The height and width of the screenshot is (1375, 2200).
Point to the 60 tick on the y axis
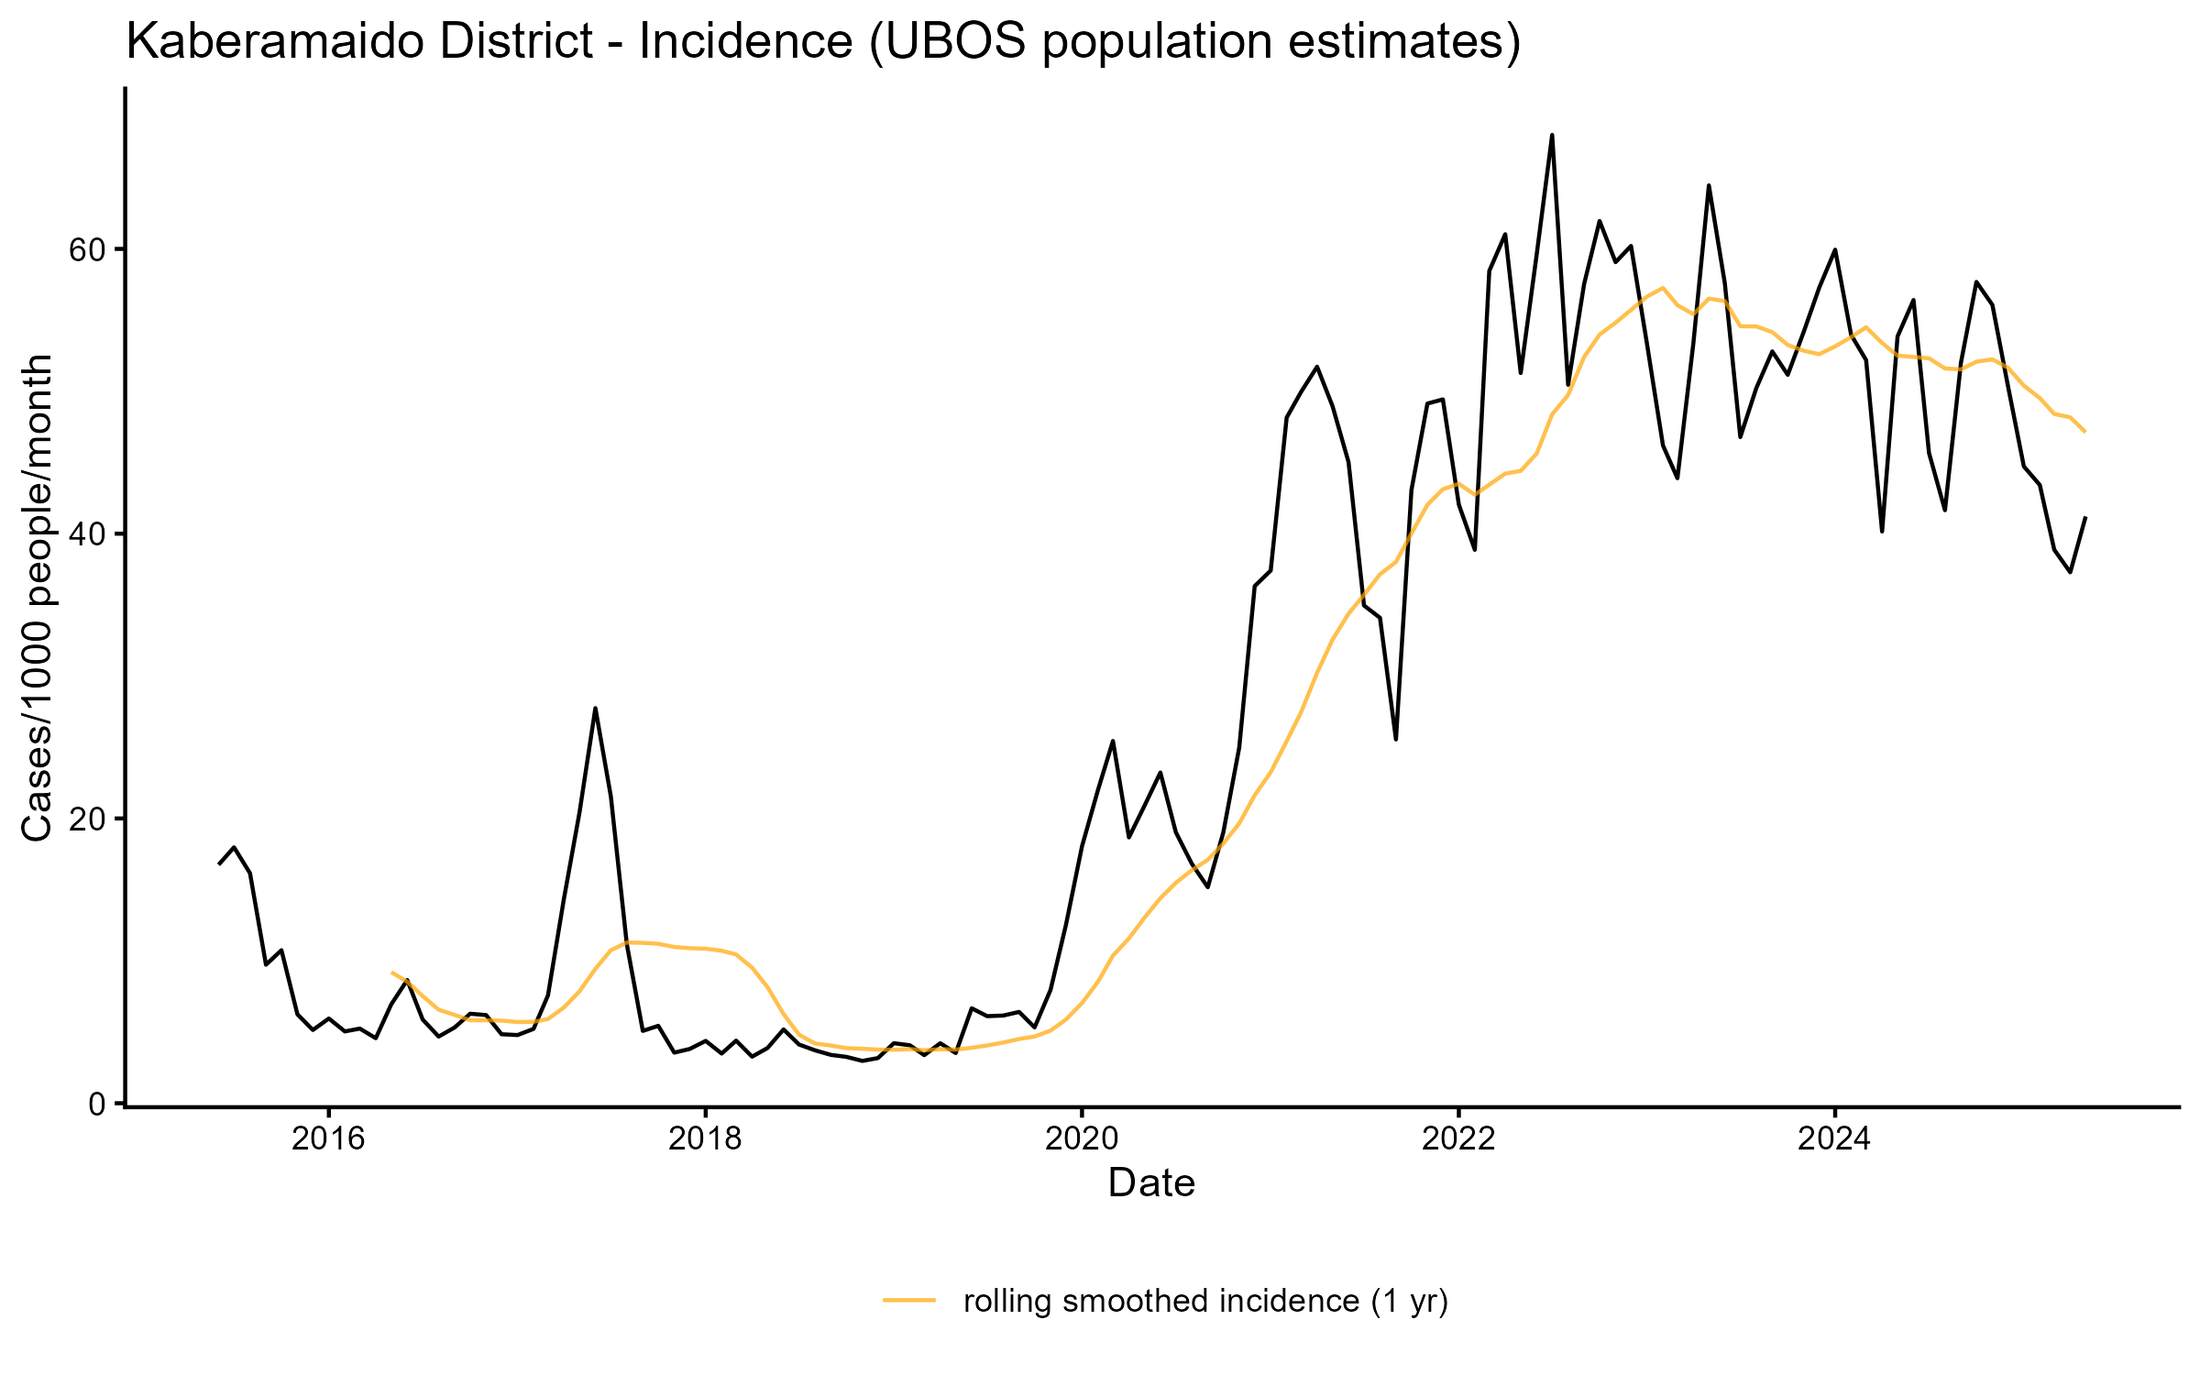[x=88, y=249]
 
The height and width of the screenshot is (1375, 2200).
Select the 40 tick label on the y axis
[x=88, y=534]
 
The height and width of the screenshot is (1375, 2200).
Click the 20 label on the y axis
[x=88, y=819]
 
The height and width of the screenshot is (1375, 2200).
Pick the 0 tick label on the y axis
[x=97, y=1104]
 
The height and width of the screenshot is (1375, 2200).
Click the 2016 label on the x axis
[x=328, y=1139]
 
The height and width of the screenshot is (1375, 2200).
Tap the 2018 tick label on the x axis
[x=705, y=1139]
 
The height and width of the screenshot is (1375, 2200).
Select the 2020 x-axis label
[x=1082, y=1139]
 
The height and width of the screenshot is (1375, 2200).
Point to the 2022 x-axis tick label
[x=1458, y=1139]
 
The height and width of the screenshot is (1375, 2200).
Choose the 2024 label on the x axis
[x=1834, y=1139]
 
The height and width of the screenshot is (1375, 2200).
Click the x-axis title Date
[x=1151, y=1183]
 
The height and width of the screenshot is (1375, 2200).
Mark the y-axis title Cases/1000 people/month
[x=37, y=598]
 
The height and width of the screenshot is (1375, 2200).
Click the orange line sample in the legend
[x=909, y=1299]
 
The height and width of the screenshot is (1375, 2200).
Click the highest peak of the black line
[x=1552, y=136]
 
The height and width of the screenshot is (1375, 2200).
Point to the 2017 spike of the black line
[x=595, y=709]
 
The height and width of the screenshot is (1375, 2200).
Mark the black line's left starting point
[x=219, y=863]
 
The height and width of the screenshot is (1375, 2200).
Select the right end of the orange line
[x=2085, y=431]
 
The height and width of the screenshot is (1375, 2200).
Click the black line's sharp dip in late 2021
[x=1395, y=739]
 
